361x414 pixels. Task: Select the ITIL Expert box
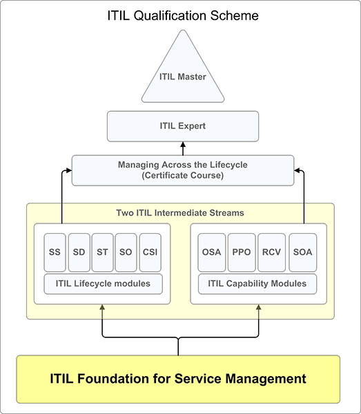tap(183, 126)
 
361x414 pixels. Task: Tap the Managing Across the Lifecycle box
tap(183, 170)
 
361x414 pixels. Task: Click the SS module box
tap(55, 253)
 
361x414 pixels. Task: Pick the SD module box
tap(79, 253)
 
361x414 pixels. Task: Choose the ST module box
tap(102, 253)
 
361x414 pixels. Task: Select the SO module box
tap(126, 253)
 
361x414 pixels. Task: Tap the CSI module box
tap(150, 253)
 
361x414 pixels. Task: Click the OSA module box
tap(211, 253)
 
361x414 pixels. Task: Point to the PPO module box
tap(242, 253)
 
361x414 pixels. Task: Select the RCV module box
tap(271, 253)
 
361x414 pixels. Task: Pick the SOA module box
tap(302, 253)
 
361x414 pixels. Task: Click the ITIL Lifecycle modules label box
tap(103, 284)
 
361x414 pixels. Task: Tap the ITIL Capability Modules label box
tap(257, 284)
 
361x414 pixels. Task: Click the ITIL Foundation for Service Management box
tap(178, 379)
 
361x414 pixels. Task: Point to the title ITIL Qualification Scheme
tap(183, 15)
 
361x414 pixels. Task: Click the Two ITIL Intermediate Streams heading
tap(180, 213)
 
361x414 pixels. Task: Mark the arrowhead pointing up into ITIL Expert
tap(183, 145)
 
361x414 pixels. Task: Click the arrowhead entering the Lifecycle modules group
tap(102, 307)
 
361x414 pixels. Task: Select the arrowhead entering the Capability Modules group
tap(259, 307)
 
